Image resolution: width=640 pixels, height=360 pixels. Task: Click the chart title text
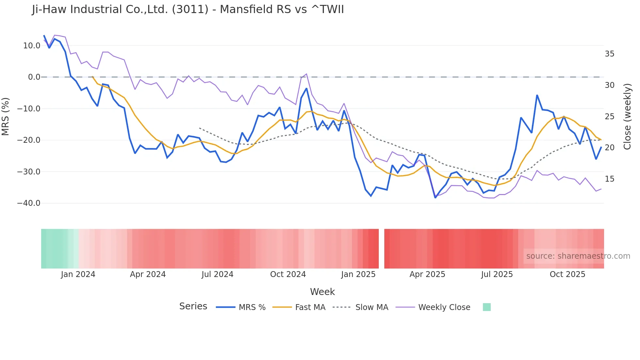[188, 9]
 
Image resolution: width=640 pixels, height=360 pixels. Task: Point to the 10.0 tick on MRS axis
[32, 46]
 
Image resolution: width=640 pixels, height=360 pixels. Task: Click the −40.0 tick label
[29, 203]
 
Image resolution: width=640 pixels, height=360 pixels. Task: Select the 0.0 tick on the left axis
[34, 77]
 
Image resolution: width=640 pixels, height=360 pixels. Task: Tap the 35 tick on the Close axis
[609, 54]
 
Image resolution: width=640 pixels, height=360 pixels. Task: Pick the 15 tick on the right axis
[609, 179]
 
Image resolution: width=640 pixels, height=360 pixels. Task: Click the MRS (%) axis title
[6, 116]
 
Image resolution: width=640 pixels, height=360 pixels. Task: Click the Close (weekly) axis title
[627, 116]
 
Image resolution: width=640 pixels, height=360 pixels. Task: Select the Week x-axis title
[322, 292]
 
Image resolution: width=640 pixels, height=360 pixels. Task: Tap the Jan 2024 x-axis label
[78, 274]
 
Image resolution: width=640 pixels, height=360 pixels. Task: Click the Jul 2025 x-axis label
[497, 274]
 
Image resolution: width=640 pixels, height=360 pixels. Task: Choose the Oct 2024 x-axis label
[288, 274]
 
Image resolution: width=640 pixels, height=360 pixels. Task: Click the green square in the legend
[487, 307]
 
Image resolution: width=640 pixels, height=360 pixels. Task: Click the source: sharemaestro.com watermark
[578, 256]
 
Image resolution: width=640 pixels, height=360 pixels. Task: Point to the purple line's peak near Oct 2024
[306, 74]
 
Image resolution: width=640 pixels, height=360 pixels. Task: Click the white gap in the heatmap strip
[381, 249]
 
